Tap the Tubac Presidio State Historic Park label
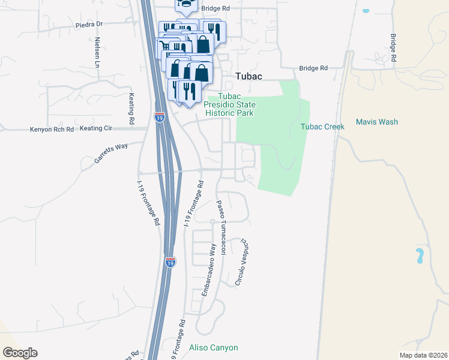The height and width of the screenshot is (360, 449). [x=229, y=104]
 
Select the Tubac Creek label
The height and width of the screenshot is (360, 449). [x=322, y=127]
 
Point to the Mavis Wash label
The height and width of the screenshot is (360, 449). [x=376, y=122]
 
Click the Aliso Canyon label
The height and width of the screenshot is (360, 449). [x=214, y=348]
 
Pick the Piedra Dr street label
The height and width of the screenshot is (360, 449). [x=89, y=25]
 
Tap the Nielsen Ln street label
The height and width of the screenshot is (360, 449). [x=97, y=52]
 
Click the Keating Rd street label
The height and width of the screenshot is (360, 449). [x=131, y=108]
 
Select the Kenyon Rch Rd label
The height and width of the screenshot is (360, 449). [x=52, y=129]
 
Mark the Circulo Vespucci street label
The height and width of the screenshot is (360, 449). [x=241, y=262]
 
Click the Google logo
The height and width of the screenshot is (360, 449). [x=20, y=353]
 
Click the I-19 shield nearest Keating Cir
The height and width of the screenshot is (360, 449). [x=159, y=117]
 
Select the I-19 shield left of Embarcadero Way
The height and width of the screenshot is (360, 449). [x=170, y=262]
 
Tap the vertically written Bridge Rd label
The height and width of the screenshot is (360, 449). [x=394, y=48]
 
